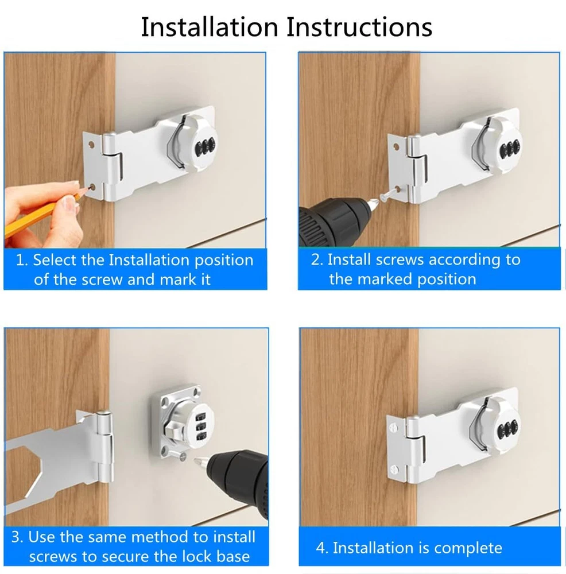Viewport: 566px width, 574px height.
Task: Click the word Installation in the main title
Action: [x=210, y=27]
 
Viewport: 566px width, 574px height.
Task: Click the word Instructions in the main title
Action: [x=359, y=27]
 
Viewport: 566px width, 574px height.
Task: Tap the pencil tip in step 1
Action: [x=89, y=189]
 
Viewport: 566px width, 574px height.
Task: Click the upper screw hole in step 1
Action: [x=91, y=145]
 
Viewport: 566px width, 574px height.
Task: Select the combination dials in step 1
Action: [x=205, y=146]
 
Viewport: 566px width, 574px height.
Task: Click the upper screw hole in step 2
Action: [x=396, y=148]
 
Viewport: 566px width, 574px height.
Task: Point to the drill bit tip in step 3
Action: [x=195, y=459]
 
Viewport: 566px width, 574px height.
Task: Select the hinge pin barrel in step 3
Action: [x=104, y=446]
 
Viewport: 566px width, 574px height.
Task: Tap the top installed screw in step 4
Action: [x=393, y=427]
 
